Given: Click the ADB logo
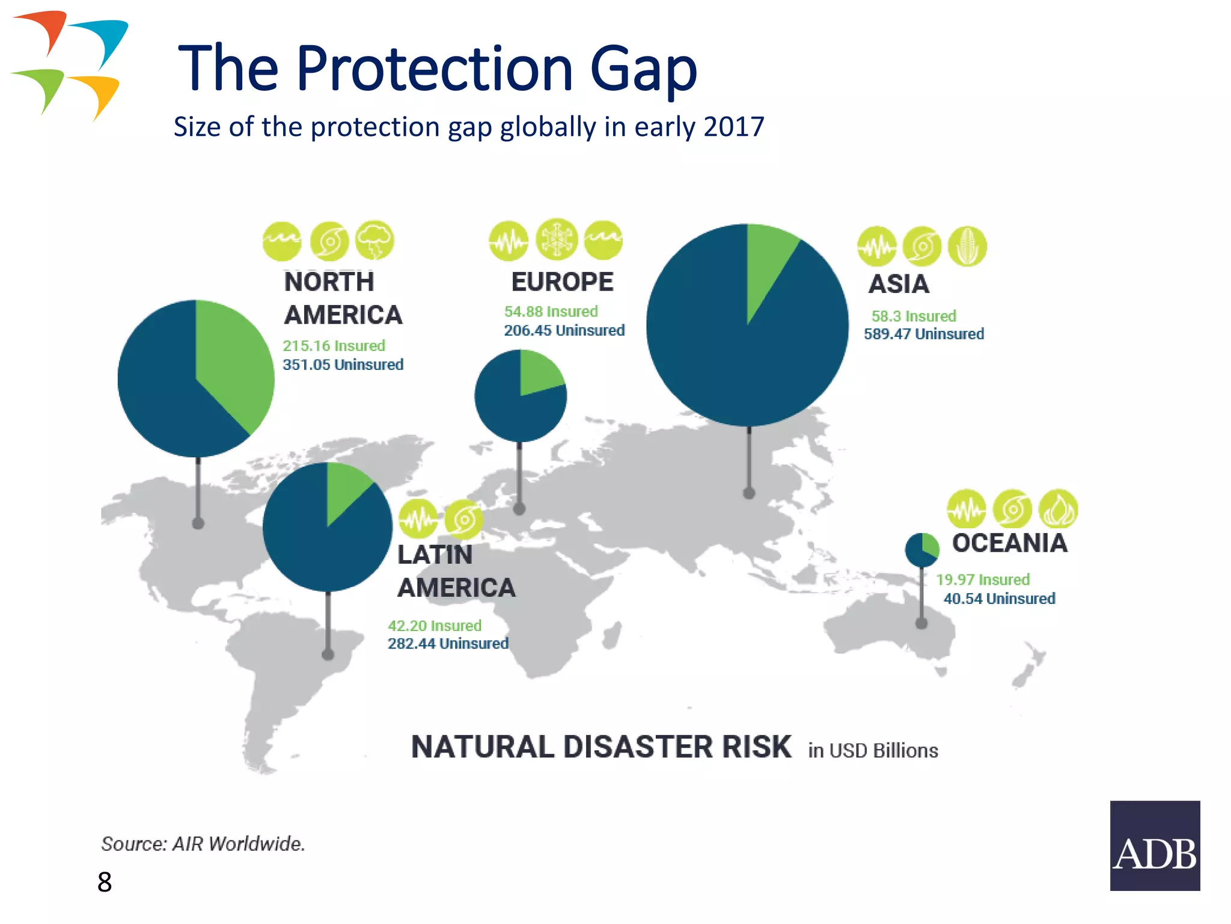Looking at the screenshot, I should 1155,845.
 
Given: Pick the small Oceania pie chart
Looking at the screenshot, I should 921,550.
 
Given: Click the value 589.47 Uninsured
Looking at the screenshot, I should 923,334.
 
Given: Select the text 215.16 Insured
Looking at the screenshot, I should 334,346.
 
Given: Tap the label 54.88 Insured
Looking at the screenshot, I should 551,312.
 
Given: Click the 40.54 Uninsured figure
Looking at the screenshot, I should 998,599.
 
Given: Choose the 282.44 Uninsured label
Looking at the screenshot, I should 448,644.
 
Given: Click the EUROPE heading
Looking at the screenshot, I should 562,282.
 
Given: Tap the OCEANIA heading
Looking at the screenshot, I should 1009,543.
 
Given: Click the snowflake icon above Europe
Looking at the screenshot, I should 557,239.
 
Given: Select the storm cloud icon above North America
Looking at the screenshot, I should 374,241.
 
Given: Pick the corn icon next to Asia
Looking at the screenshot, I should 967,247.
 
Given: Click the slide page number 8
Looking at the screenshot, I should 105,882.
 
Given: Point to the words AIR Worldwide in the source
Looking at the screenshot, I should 238,844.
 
